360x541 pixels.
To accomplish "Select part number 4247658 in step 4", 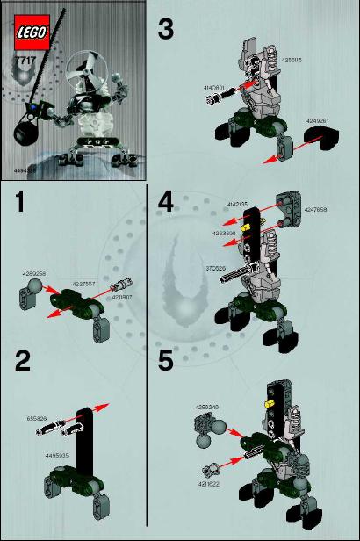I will (316, 210).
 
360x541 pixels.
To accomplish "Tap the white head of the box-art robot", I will (91, 86).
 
